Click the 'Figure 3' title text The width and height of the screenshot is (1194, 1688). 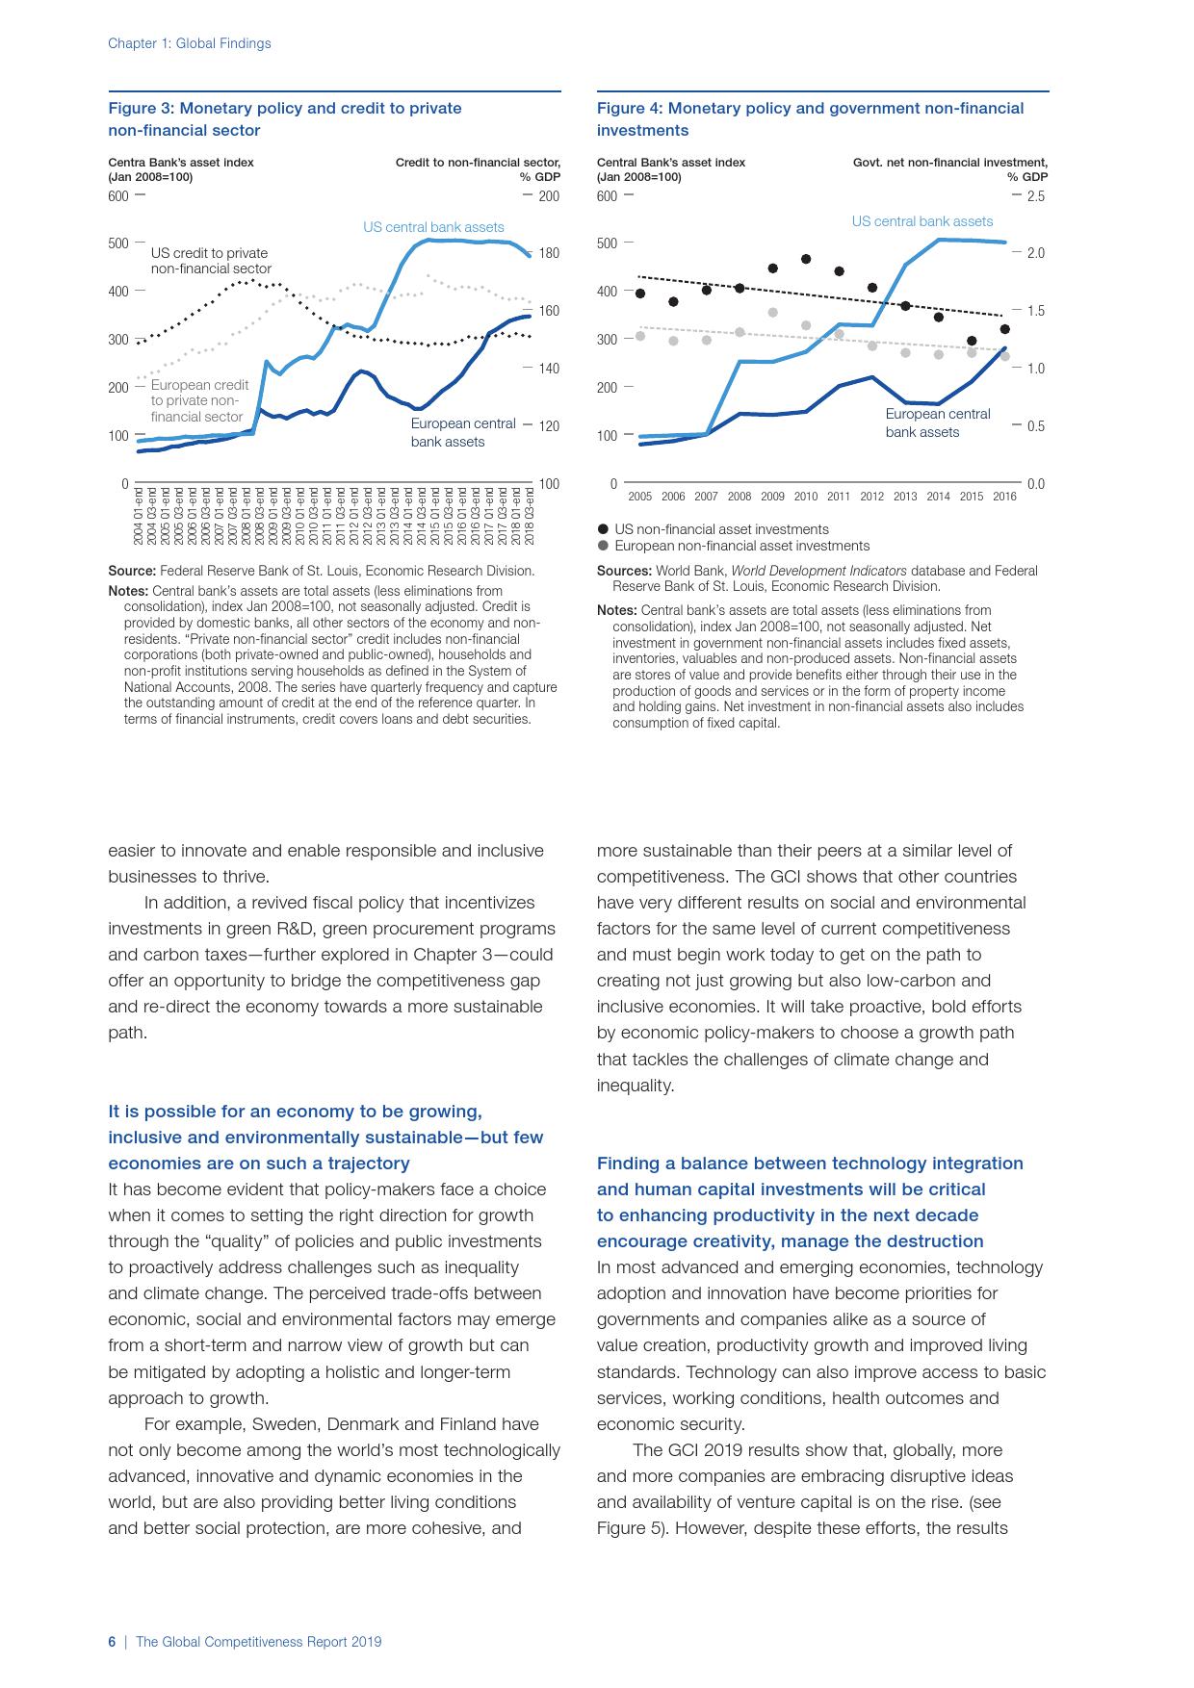click(x=285, y=118)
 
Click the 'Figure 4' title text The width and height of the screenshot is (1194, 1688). click(x=810, y=118)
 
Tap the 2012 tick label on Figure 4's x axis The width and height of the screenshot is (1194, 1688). click(x=871, y=497)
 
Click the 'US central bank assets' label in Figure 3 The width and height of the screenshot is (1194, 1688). click(x=433, y=227)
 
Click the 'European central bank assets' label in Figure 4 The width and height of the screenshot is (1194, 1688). click(x=937, y=422)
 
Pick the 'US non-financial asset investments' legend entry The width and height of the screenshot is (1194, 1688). click(x=720, y=529)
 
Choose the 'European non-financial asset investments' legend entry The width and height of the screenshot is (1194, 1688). click(x=740, y=546)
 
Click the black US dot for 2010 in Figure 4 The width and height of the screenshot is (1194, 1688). click(x=806, y=259)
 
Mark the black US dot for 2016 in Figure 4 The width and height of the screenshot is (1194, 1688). click(x=1004, y=329)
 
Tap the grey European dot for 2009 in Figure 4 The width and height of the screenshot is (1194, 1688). click(x=772, y=313)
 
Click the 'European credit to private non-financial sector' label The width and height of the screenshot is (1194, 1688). click(x=199, y=400)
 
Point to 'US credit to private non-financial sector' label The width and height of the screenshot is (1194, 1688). click(x=211, y=261)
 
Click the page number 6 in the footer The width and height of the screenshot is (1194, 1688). click(x=112, y=1642)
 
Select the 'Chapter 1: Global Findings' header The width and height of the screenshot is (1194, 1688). click(x=189, y=43)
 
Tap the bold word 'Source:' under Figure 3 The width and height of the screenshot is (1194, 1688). click(x=132, y=571)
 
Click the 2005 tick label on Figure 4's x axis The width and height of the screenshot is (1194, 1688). click(x=639, y=497)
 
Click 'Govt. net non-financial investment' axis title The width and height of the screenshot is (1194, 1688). click(x=949, y=163)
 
